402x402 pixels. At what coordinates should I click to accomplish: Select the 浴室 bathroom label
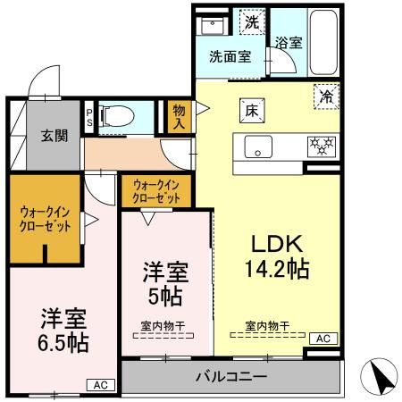tap(287, 43)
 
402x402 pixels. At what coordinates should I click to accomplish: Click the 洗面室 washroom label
tap(230, 55)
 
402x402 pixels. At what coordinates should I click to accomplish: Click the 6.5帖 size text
tap(63, 341)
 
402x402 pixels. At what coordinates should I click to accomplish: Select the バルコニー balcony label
tap(231, 378)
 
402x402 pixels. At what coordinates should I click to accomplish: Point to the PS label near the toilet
tap(88, 116)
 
